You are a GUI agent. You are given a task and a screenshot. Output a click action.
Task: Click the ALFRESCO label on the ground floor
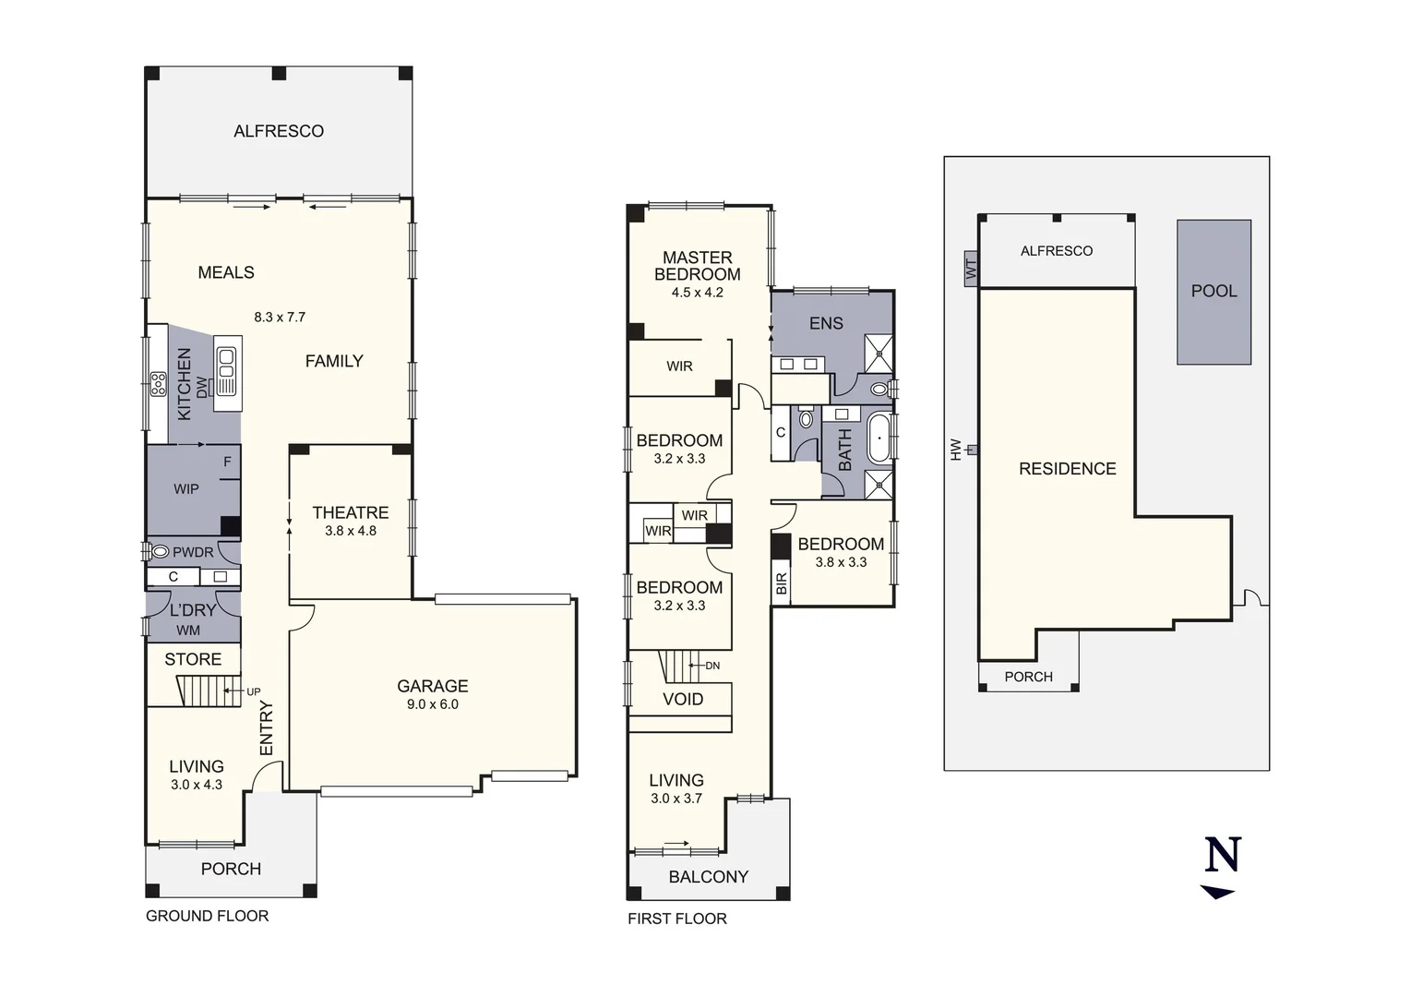pos(279,131)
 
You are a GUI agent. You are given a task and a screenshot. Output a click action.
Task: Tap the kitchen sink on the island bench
pos(226,364)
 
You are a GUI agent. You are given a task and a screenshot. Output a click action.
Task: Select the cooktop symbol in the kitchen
pos(159,382)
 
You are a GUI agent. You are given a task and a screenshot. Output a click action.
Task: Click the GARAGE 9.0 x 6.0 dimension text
pos(433,704)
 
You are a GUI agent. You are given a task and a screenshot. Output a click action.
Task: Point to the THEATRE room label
pos(351,512)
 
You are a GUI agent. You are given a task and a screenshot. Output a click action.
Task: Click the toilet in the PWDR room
pos(160,552)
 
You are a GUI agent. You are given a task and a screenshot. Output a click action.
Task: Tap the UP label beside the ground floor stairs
pos(253,691)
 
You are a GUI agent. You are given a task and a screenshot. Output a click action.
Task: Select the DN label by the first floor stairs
pos(712,666)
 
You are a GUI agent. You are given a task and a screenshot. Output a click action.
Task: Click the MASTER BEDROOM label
pos(698,266)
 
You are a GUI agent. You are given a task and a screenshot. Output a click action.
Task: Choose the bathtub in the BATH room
pos(879,438)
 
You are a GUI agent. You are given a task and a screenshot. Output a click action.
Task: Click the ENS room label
pos(826,323)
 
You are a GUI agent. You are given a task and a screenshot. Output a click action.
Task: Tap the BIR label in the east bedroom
pos(782,583)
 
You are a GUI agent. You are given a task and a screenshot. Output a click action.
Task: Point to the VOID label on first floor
pos(683,700)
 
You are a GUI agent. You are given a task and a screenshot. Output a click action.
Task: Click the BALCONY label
pos(709,877)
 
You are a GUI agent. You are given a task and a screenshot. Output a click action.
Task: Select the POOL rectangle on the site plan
pos(1214,292)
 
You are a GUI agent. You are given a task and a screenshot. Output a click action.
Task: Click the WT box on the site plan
pos(971,270)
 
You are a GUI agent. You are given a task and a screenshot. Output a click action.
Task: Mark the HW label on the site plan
pos(956,450)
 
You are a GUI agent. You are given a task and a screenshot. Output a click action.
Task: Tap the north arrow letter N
pos(1223,855)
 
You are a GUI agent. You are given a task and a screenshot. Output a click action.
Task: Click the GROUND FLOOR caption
pos(208,916)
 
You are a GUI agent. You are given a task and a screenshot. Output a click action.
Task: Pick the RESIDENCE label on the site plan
pos(1068,469)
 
